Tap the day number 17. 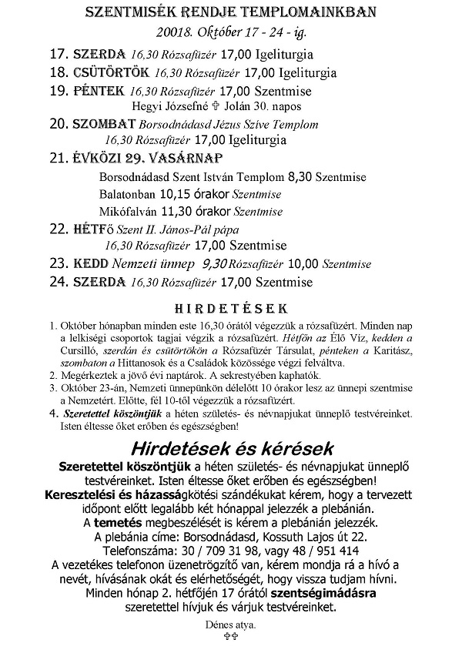pyautogui.click(x=58, y=55)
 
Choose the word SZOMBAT pyautogui.click(x=105, y=125)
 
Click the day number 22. pyautogui.click(x=58, y=229)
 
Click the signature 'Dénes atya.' pyautogui.click(x=230, y=625)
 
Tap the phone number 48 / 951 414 pyautogui.click(x=312, y=550)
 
